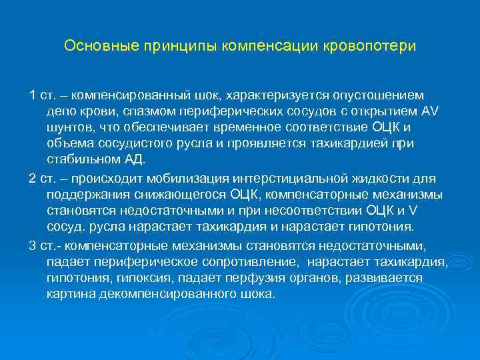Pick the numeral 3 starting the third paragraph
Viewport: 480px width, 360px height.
coord(33,245)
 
